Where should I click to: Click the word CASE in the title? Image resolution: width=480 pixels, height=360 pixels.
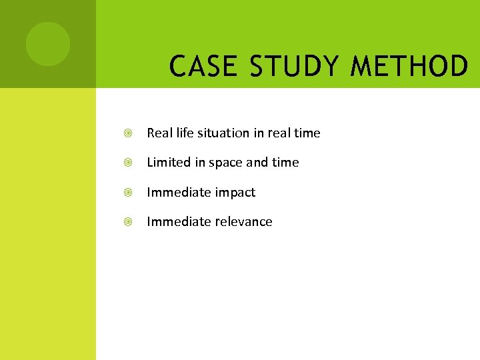pos(201,67)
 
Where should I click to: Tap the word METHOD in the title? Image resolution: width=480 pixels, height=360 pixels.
pos(409,67)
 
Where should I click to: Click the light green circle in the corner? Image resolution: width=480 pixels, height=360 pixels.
pos(48,43)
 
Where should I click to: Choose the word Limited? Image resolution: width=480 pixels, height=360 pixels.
pos(167,162)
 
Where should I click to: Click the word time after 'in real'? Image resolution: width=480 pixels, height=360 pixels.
pos(307,133)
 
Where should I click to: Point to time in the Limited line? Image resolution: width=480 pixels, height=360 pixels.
pos(286,162)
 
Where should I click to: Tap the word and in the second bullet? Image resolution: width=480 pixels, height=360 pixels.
pos(258,162)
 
